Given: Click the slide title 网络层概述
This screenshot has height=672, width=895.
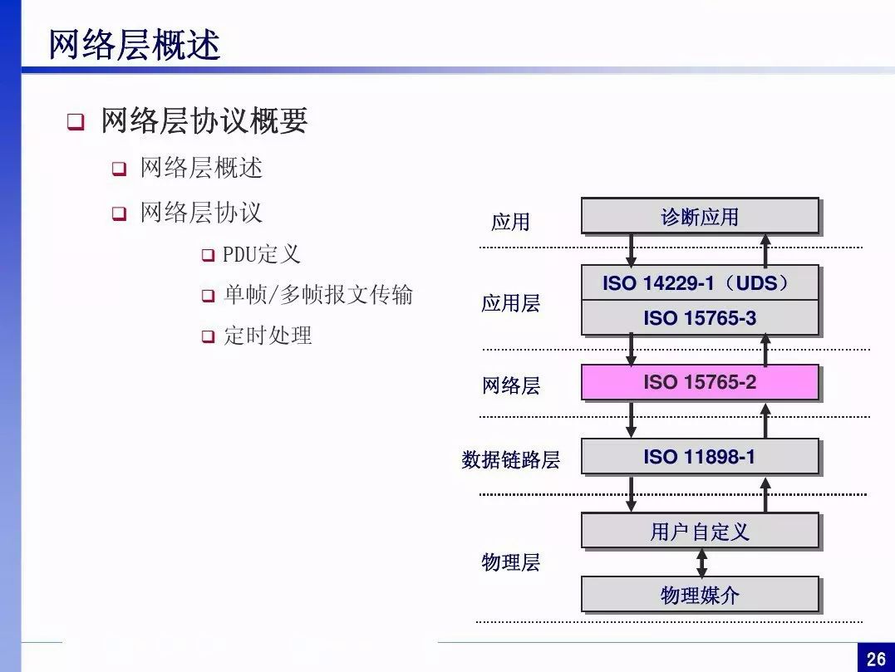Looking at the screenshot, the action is [x=134, y=45].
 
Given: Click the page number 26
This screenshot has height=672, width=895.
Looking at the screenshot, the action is [x=876, y=659].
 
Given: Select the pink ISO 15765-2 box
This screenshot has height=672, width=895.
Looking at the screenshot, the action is [x=700, y=382].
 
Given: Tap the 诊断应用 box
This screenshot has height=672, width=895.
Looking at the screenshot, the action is [x=700, y=216].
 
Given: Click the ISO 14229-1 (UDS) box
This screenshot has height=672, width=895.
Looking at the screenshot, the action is [x=700, y=283].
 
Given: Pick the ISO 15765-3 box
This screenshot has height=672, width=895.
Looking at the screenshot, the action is [x=700, y=318].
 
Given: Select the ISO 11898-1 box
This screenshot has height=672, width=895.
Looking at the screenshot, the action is [x=700, y=456].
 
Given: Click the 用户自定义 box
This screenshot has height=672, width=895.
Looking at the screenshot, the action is [x=700, y=531].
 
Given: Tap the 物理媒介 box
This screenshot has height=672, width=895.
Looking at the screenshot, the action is [x=700, y=595].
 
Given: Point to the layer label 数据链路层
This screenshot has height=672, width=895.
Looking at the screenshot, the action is [x=511, y=459].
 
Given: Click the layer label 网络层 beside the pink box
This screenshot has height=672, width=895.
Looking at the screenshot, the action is [x=511, y=385].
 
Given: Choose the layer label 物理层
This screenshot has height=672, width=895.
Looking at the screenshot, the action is [x=511, y=562].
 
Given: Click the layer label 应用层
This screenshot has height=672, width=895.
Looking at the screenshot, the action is [x=511, y=303].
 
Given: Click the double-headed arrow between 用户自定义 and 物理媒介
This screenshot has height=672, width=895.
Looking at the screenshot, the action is [x=702, y=563].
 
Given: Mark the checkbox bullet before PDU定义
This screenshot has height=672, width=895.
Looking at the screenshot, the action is [x=209, y=255].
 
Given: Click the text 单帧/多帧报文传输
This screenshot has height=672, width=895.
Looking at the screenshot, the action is [x=318, y=295].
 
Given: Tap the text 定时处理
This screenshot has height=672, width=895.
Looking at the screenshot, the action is [x=268, y=336].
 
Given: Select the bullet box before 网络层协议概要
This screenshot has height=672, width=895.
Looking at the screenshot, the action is [x=76, y=121].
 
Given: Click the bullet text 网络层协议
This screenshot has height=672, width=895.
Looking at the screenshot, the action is [x=201, y=212].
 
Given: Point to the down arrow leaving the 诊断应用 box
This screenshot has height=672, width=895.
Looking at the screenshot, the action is [x=631, y=250].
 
